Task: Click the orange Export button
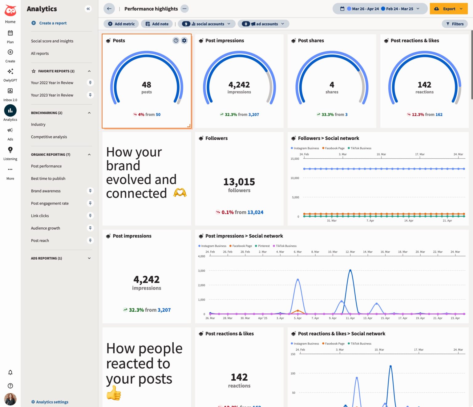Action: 448,9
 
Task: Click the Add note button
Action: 157,24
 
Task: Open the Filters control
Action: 455,24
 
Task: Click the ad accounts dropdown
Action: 263,24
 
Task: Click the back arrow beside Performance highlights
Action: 109,9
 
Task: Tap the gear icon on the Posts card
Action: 184,41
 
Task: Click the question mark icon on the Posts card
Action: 176,41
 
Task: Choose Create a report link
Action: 53,23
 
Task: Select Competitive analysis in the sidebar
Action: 49,137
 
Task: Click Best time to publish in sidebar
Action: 48,178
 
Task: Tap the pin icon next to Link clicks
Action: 90,216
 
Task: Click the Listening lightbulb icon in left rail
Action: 10,150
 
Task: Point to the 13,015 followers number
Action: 239,182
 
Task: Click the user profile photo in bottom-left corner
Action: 10,399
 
